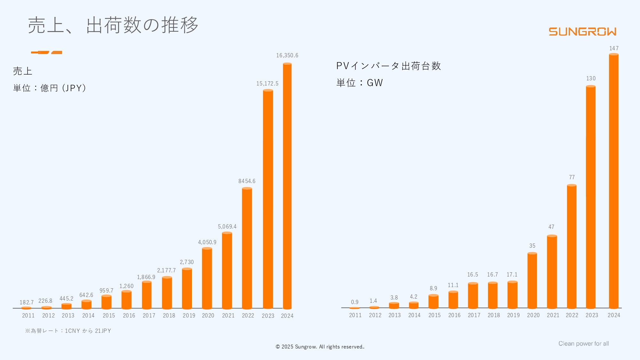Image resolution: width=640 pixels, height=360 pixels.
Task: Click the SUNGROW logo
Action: pos(582,32)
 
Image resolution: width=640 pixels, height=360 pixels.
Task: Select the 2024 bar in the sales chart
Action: pos(287,186)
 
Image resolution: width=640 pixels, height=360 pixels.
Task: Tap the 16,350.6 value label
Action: pos(287,55)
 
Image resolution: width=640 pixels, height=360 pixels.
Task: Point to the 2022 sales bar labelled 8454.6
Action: pos(247,248)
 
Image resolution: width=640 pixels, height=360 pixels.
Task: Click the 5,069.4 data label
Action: pos(227,227)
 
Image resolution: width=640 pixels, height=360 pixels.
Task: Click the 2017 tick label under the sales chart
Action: pos(149,316)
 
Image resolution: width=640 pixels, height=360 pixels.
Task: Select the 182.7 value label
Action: pos(27,302)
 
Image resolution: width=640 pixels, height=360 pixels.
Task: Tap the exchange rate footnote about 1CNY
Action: pos(68,331)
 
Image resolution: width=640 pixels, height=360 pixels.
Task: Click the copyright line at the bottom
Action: pos(320,347)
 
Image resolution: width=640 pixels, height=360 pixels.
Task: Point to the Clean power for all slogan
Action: pos(583,344)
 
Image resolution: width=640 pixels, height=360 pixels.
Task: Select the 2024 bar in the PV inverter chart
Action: pos(613,181)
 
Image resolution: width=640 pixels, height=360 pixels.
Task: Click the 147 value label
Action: pos(614,48)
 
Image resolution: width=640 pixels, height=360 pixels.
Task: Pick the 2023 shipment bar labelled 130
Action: pos(591,197)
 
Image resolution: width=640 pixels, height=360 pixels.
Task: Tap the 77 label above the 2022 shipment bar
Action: pos(572,177)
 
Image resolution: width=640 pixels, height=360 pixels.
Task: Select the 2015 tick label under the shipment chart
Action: pos(434,315)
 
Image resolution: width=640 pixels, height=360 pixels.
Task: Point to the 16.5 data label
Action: pos(473,275)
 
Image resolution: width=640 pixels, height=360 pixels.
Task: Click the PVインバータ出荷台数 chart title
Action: pos(388,66)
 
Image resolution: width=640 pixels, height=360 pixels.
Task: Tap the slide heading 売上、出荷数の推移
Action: pos(113,25)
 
